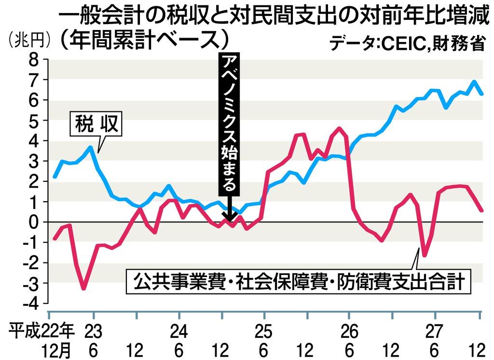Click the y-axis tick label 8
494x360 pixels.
pyautogui.click(x=34, y=60)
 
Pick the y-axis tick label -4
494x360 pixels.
pyautogui.click(x=30, y=304)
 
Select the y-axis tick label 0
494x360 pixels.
pyautogui.click(x=34, y=222)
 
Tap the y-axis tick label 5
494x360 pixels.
pyautogui.click(x=34, y=121)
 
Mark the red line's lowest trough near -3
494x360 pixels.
pyautogui.click(x=84, y=289)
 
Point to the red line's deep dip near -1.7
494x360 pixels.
pyautogui.click(x=425, y=256)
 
